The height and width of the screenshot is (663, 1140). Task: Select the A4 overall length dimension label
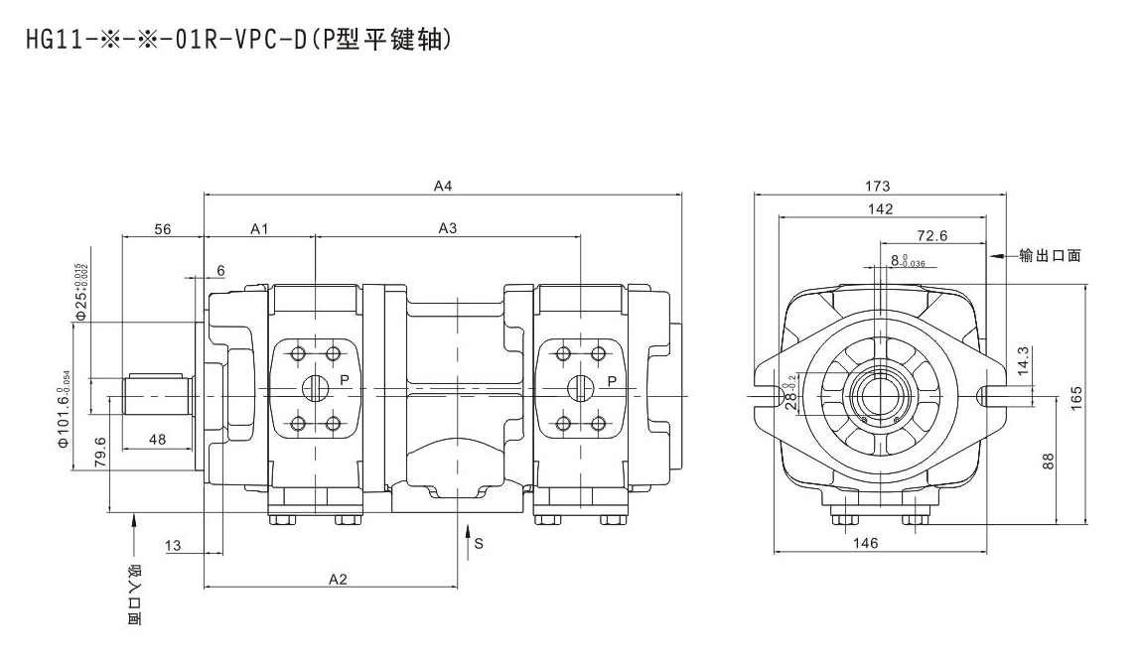(x=443, y=185)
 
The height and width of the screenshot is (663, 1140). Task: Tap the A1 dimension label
(x=259, y=228)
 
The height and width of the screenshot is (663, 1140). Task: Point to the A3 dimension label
(x=448, y=228)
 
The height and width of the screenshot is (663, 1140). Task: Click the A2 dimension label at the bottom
(x=338, y=579)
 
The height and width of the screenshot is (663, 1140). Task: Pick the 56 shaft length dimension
(x=163, y=228)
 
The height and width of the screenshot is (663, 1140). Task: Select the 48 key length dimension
(x=156, y=439)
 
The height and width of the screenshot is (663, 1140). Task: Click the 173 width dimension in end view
(x=878, y=186)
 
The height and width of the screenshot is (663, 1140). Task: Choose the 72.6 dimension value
(x=931, y=236)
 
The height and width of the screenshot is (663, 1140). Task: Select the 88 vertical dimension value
(x=1051, y=462)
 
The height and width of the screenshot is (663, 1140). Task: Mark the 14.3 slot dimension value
(x=1024, y=359)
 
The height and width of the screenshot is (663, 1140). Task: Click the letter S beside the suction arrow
(x=478, y=543)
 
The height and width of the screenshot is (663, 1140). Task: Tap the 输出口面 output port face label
(x=1049, y=255)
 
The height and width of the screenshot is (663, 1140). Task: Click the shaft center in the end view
(x=879, y=395)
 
